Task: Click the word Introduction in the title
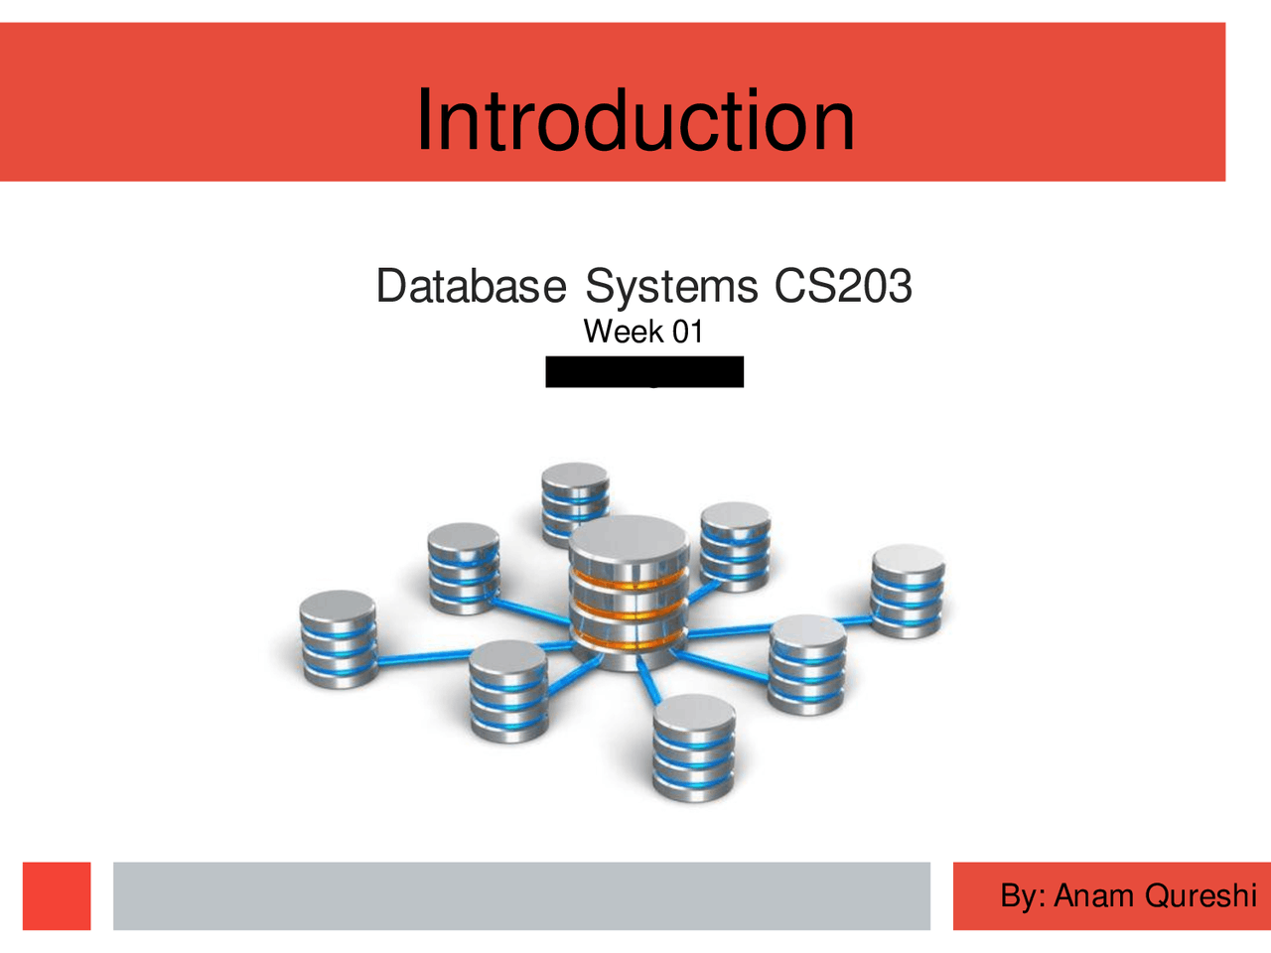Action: tap(635, 120)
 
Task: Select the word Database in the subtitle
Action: tap(471, 286)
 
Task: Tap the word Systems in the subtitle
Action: tap(671, 286)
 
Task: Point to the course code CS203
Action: tap(843, 286)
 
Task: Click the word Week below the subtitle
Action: tap(623, 332)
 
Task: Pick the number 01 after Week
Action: tap(687, 332)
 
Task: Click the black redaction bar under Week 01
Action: tap(644, 371)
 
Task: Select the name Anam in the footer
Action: tap(1094, 895)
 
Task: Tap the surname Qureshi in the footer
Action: tap(1200, 895)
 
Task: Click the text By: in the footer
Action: tap(1023, 895)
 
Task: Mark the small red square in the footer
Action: tap(57, 895)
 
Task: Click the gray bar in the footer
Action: tap(521, 895)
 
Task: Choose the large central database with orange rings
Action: tap(629, 596)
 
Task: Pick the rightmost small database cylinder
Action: tap(908, 591)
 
